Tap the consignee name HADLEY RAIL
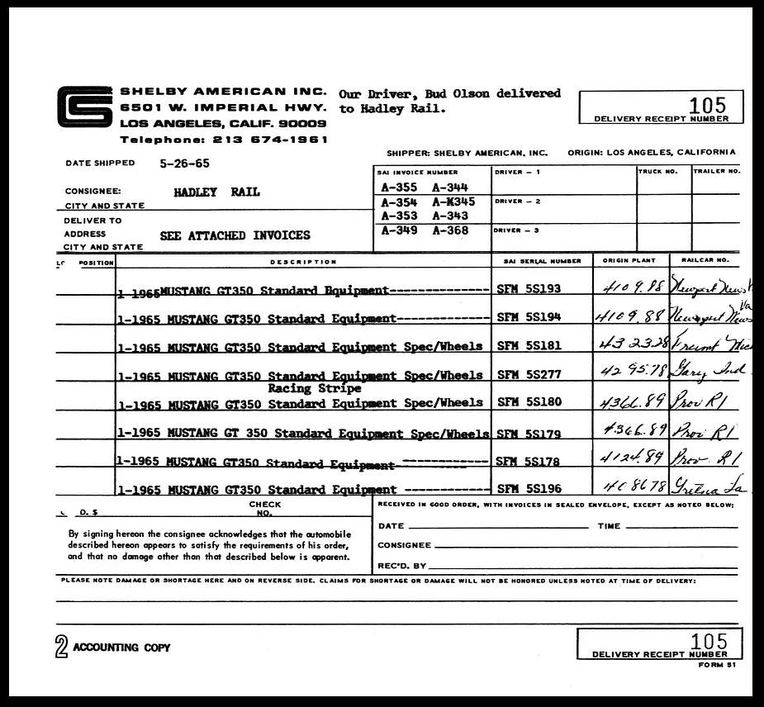coord(216,192)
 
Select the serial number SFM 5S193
coord(529,289)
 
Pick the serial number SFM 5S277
coord(529,374)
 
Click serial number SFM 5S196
coord(529,489)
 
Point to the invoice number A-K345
coord(453,202)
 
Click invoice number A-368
coord(450,230)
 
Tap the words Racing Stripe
coord(314,388)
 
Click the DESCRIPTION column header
coord(303,262)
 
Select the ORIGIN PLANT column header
coord(629,261)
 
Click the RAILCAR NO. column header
coord(705,261)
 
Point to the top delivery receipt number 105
coord(709,105)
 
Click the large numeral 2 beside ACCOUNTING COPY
coord(61,648)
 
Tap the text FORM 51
coord(715,664)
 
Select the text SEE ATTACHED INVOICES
coord(235,235)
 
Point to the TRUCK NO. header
coord(657,171)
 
